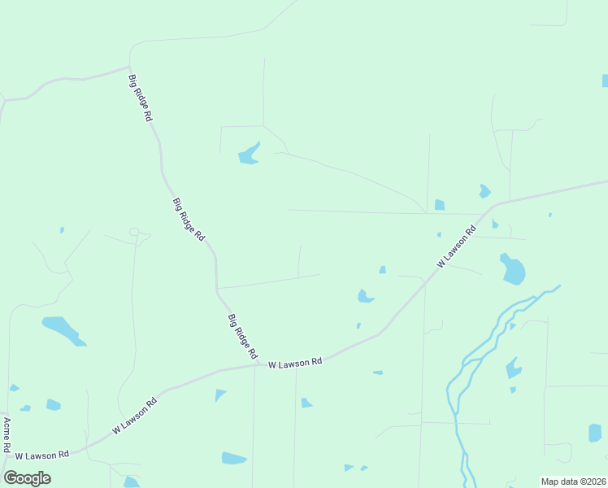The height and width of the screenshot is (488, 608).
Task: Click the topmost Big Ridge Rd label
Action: (141, 98)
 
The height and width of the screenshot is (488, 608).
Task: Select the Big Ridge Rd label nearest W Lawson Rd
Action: (242, 337)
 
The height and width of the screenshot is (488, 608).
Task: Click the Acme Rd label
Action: (7, 435)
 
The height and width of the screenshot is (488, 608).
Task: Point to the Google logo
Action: (27, 478)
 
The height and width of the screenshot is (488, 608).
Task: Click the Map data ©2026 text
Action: (574, 481)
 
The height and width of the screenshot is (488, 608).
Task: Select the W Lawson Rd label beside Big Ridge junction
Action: (296, 362)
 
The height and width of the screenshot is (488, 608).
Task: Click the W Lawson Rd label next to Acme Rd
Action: (41, 455)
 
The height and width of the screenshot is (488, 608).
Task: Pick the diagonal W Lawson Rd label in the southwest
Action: (134, 415)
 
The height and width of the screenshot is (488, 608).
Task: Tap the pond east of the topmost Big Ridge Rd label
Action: (249, 154)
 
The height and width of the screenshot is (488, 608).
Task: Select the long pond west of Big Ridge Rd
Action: (63, 329)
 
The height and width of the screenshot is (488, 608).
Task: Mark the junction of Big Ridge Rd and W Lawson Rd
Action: (258, 365)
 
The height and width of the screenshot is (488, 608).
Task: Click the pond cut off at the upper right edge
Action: (605, 81)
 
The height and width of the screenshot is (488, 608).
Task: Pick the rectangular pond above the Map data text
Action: (595, 433)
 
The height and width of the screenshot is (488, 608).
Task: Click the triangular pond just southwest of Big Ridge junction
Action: (219, 394)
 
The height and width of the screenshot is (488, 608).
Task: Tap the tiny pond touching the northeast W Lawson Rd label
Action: (439, 234)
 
